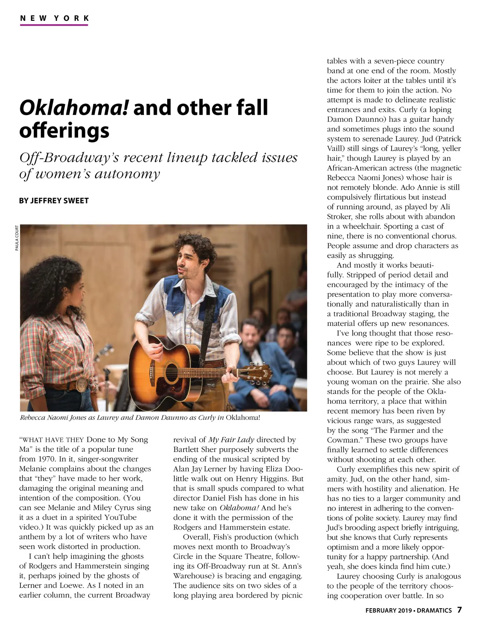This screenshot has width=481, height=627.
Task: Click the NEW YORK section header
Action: coord(54,18)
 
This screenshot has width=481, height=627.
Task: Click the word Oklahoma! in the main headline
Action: coord(74,108)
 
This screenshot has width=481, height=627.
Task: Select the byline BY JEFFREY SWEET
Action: coord(54,200)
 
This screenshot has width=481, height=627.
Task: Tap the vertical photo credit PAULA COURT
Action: coord(17,238)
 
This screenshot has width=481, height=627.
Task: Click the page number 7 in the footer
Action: coord(459,610)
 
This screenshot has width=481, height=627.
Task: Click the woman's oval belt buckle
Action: coord(82,384)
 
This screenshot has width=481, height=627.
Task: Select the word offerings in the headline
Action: coord(64,131)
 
